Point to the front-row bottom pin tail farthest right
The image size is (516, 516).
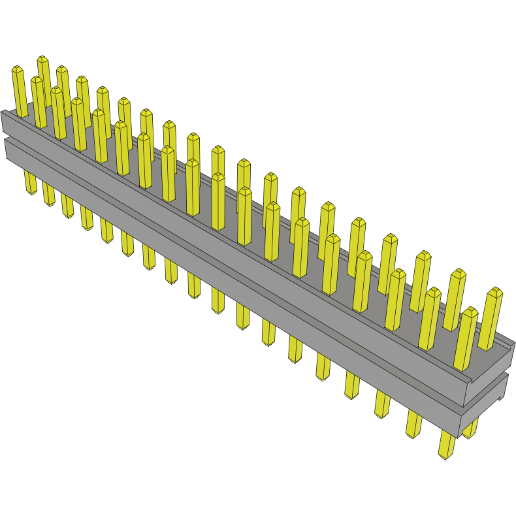(447, 444)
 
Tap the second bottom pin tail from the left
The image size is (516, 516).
(48, 193)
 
